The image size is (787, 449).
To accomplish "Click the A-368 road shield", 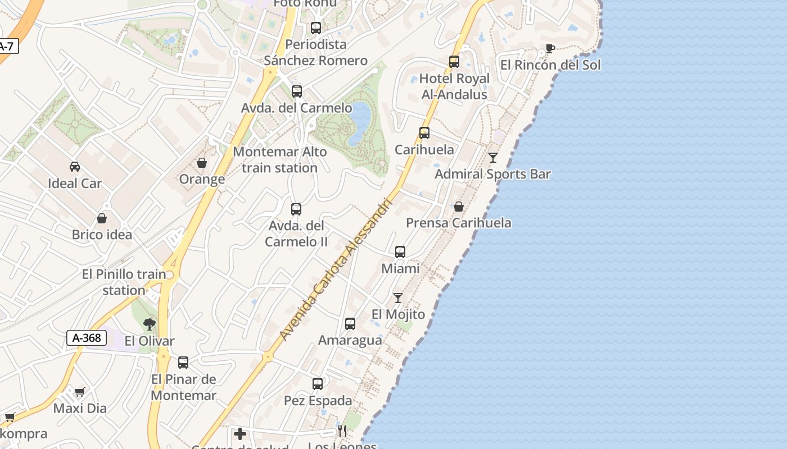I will click(87, 338).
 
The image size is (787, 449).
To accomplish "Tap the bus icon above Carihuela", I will click(424, 133).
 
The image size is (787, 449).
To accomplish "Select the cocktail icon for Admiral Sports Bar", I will click(493, 158).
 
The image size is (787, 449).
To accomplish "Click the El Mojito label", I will click(398, 314).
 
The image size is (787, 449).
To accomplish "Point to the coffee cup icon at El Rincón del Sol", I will click(550, 49).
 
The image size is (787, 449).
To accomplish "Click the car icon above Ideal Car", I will click(75, 167).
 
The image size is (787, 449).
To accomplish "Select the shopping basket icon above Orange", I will click(202, 163).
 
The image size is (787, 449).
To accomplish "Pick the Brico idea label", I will click(102, 235).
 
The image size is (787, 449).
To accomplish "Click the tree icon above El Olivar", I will click(150, 324).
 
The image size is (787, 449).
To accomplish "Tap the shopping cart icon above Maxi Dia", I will click(80, 392).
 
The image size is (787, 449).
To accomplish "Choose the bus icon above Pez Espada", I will click(318, 384).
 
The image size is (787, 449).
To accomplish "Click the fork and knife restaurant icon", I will click(342, 431).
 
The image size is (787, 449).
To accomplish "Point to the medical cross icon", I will click(240, 434).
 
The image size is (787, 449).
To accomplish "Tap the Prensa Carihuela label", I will click(459, 223).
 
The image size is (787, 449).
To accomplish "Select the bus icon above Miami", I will click(400, 252).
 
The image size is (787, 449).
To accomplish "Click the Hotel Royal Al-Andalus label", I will click(454, 86).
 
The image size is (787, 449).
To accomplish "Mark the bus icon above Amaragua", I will click(350, 324).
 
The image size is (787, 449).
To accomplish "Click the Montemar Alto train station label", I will click(279, 159).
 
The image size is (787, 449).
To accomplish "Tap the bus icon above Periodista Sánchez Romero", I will click(316, 28).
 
